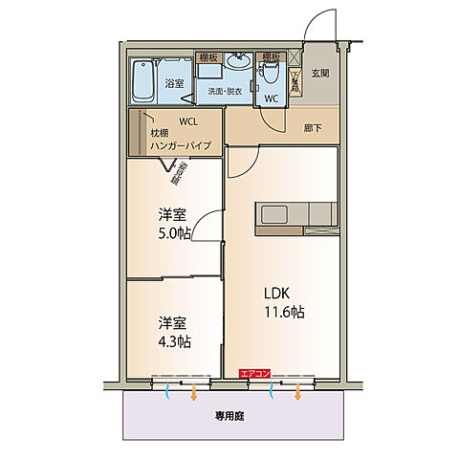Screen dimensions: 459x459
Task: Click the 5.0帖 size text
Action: pyautogui.click(x=174, y=232)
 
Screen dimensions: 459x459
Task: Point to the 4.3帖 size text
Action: pyautogui.click(x=174, y=341)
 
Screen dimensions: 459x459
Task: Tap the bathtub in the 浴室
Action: pyautogui.click(x=143, y=83)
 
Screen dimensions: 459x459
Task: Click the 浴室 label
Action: pyautogui.click(x=174, y=84)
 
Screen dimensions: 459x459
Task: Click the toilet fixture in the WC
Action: pyautogui.click(x=270, y=73)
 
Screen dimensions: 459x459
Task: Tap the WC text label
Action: pyautogui.click(x=270, y=98)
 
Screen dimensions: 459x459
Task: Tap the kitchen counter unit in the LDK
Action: pyautogui.click(x=295, y=213)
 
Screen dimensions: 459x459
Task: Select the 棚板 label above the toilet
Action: pyautogui.click(x=269, y=56)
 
